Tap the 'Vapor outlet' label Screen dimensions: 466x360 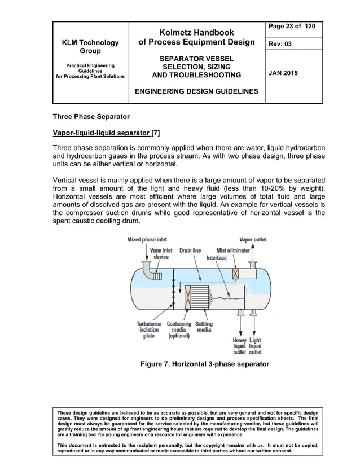[253, 239]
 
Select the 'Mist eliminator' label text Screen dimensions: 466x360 [233, 250]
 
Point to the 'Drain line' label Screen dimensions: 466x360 [190, 250]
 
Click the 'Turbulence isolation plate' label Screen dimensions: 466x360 [149, 329]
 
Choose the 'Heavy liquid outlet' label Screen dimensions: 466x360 [239, 346]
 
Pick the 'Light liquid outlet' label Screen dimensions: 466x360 [255, 346]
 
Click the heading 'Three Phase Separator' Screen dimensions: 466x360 [91, 117]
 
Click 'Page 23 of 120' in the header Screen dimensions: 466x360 [292, 27]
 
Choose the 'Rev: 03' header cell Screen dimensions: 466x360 [281, 44]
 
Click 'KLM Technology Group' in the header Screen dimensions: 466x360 [90, 47]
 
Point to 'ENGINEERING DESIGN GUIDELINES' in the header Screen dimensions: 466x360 [196, 91]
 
